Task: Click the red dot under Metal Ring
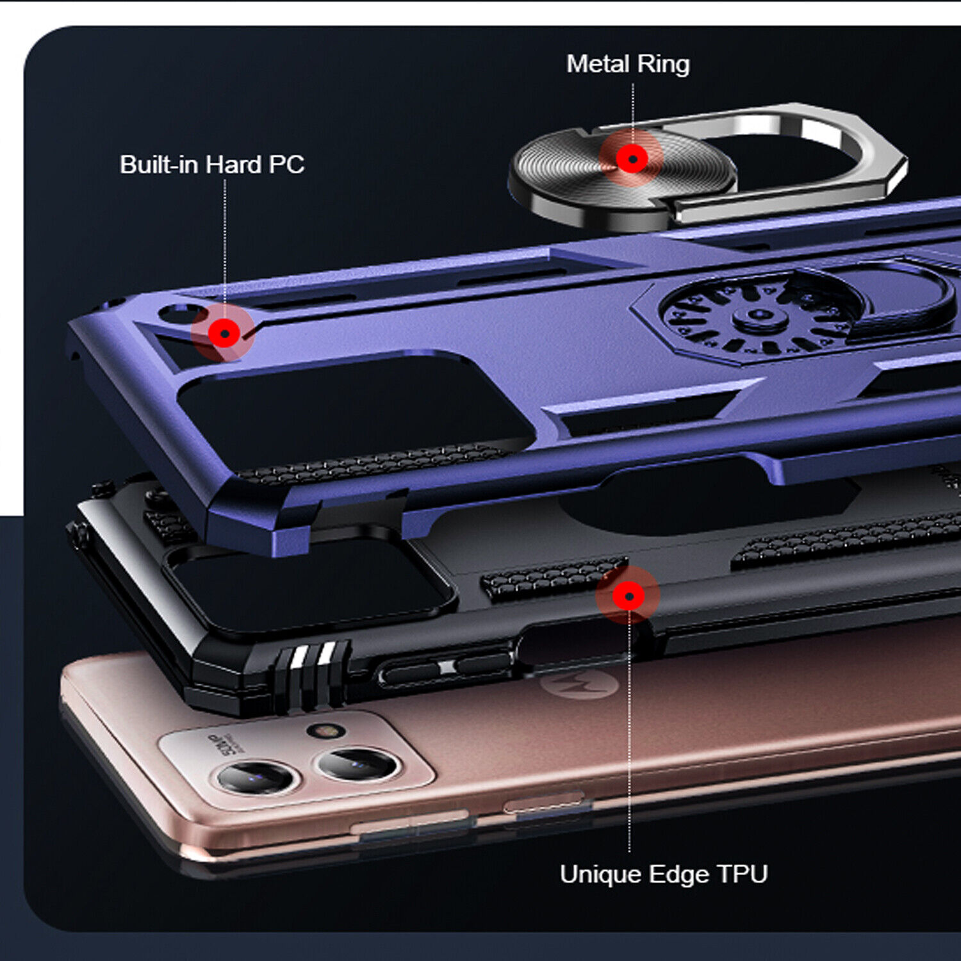[x=632, y=158]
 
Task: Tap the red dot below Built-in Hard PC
[x=225, y=333]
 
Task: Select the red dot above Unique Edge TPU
[x=628, y=596]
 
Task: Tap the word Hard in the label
[x=234, y=165]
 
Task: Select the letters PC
[x=286, y=165]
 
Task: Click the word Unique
[x=602, y=875]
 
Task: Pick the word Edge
[x=678, y=876]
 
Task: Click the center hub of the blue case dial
[x=760, y=316]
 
